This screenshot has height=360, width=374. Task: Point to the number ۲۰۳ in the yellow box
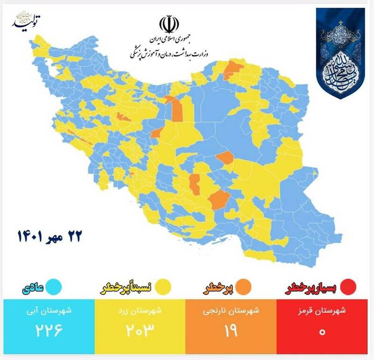click(x=140, y=330)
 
